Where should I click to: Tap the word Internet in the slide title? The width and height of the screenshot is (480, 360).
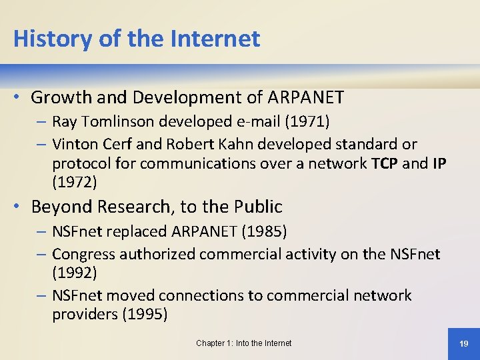click(x=215, y=39)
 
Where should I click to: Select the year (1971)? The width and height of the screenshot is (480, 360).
click(x=308, y=122)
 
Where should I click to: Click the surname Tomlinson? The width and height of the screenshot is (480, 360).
click(x=119, y=122)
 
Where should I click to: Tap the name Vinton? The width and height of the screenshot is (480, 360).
click(x=74, y=144)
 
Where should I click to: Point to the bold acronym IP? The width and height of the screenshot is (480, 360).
click(x=439, y=163)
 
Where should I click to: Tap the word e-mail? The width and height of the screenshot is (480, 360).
click(x=255, y=122)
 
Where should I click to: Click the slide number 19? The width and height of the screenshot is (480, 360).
click(x=464, y=343)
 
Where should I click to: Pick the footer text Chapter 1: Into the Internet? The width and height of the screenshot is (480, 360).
click(x=243, y=343)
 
